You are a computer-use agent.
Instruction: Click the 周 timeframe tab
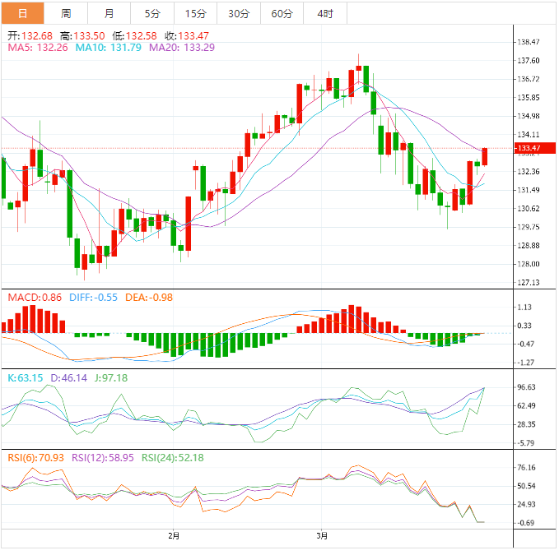pos(66,13)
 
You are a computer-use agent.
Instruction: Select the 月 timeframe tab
pos(109,13)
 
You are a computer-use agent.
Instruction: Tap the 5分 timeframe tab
pos(152,13)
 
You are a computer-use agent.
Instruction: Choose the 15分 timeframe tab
pos(196,13)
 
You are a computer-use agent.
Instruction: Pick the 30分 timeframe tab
pos(239,13)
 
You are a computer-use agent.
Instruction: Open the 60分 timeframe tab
pos(282,13)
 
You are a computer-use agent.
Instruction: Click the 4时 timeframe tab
pos(325,13)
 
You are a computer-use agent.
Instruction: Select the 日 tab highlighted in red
pos(22,13)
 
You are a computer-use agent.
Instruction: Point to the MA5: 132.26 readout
pos(34,48)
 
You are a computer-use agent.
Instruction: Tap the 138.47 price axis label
pos(528,42)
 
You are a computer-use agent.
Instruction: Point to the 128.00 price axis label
pos(528,264)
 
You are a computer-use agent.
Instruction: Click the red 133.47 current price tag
pos(528,148)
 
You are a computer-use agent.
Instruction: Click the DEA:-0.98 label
pos(149,297)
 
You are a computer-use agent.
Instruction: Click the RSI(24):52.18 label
pos(173,458)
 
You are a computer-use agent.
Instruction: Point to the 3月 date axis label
pos(322,536)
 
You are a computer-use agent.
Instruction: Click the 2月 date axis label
pos(173,536)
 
